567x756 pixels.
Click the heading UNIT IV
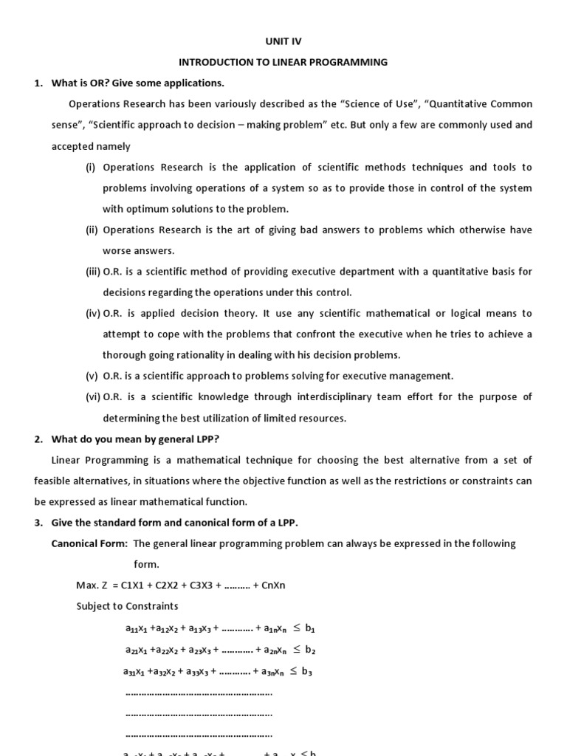tap(284, 42)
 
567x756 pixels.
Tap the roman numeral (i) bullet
tap(91, 168)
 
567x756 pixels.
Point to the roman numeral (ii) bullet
tap(92, 230)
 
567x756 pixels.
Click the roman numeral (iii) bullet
tap(93, 272)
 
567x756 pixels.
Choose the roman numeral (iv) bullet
tap(93, 313)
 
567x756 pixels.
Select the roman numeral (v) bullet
tap(92, 376)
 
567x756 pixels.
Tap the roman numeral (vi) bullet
tap(93, 396)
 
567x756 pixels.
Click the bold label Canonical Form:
tap(89, 543)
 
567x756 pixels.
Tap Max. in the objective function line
tap(87, 585)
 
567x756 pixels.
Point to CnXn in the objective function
tap(273, 585)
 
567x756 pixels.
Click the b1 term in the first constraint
tap(310, 629)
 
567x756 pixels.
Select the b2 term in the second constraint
tap(310, 650)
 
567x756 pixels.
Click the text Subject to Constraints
tap(127, 606)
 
